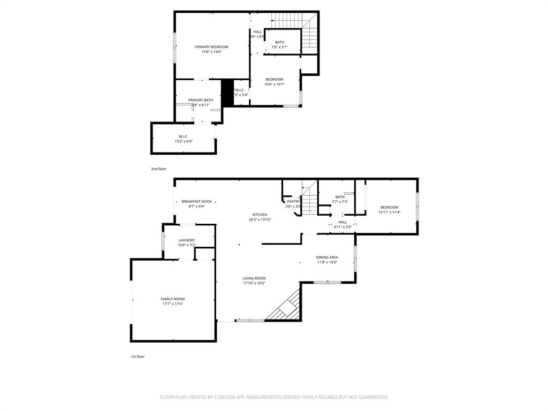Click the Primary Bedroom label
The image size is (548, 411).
pyautogui.click(x=211, y=47)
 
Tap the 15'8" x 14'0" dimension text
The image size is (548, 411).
pyautogui.click(x=211, y=52)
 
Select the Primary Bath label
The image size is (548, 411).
pyautogui.click(x=201, y=100)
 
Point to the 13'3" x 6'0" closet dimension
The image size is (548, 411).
pyautogui.click(x=183, y=142)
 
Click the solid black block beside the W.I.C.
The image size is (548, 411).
pyautogui.click(x=227, y=93)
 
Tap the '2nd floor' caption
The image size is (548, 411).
pyautogui.click(x=158, y=169)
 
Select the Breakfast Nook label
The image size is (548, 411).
pyautogui.click(x=196, y=202)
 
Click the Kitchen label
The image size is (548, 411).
pyautogui.click(x=260, y=215)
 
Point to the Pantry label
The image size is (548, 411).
pyautogui.click(x=293, y=201)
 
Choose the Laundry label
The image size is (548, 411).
pyautogui.click(x=187, y=240)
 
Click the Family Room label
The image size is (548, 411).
pyautogui.click(x=173, y=299)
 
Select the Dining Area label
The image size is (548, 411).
pyautogui.click(x=327, y=257)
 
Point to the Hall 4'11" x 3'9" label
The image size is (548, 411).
pyautogui.click(x=342, y=222)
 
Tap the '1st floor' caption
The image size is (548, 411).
pyautogui.click(x=138, y=356)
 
